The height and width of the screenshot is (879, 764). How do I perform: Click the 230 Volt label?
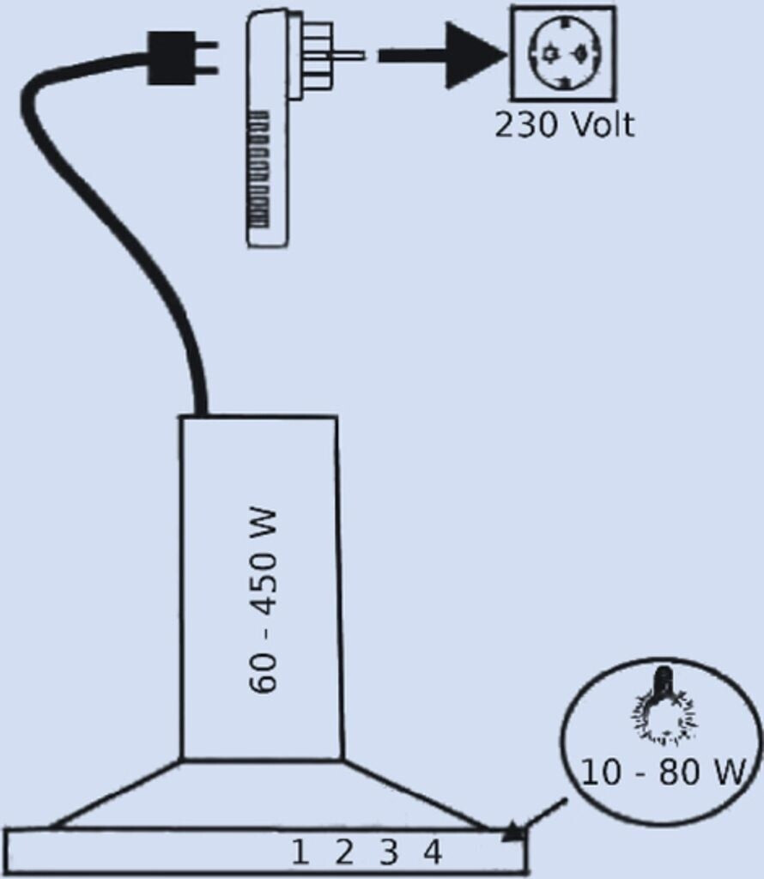coord(564,125)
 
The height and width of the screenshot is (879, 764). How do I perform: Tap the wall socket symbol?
coord(562,53)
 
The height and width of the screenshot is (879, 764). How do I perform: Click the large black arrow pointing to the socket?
coord(442,56)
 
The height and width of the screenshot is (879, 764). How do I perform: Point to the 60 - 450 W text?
coord(263,601)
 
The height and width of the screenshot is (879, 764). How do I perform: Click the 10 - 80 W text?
coord(662,772)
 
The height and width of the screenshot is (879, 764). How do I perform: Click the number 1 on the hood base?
coord(300,852)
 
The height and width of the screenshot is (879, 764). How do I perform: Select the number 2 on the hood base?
coord(344,852)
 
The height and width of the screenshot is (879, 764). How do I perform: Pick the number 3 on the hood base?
coord(389,852)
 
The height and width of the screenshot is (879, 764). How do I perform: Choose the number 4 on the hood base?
coord(433,852)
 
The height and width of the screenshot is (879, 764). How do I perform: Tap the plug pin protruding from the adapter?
coord(348,56)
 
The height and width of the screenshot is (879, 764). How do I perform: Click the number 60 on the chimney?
coord(263,673)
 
